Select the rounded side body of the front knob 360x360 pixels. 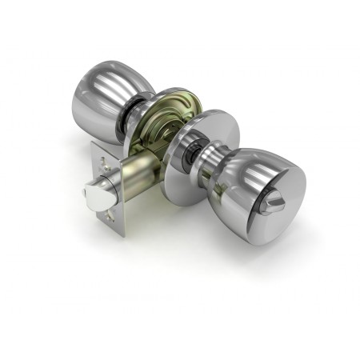click(244, 176)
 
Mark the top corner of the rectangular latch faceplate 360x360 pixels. click(94, 144)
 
